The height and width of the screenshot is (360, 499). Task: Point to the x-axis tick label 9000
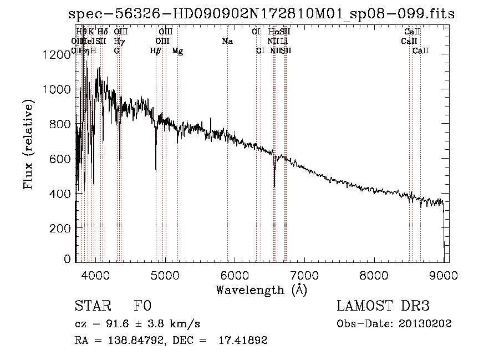pyautogui.click(x=444, y=275)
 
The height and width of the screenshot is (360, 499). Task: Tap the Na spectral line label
pyautogui.click(x=227, y=42)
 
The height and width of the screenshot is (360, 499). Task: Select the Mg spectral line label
pyautogui.click(x=177, y=51)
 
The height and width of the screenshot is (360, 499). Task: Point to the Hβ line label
pyautogui.click(x=156, y=51)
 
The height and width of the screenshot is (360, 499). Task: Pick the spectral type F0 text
pyautogui.click(x=143, y=306)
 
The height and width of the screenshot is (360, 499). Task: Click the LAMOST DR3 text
pyautogui.click(x=383, y=306)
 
